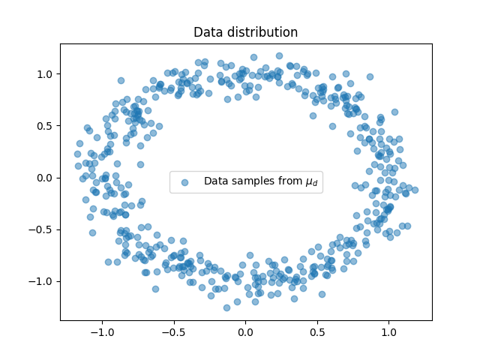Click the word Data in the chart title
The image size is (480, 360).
(x=208, y=32)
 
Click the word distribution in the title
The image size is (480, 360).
(x=260, y=32)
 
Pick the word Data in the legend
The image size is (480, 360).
(x=216, y=181)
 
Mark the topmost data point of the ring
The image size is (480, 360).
(x=279, y=55)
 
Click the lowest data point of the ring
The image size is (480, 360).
(x=226, y=307)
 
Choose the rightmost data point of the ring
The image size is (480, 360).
(x=415, y=189)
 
